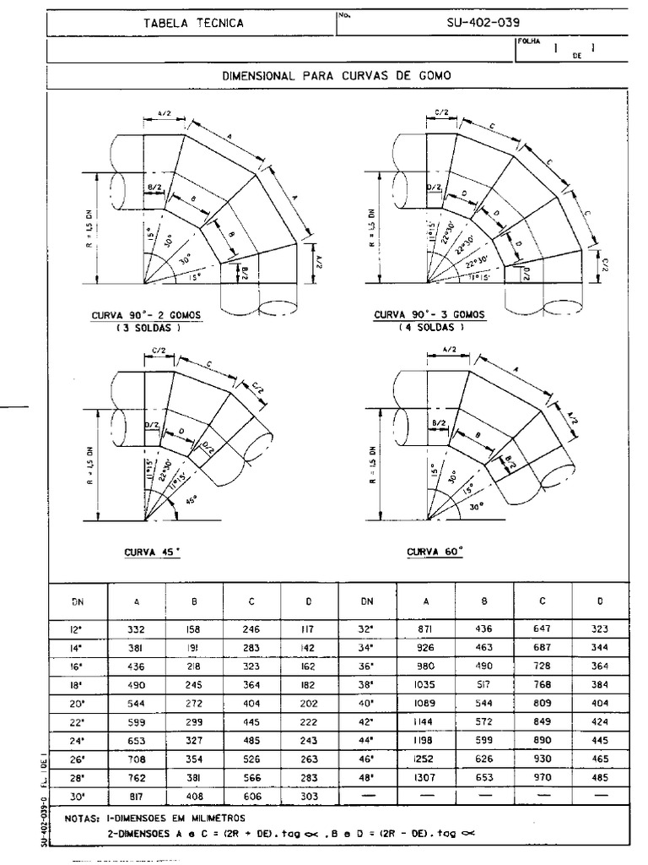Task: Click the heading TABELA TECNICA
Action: [x=194, y=23]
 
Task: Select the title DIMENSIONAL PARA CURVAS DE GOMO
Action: [x=337, y=75]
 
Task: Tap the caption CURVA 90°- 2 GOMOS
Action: [x=146, y=315]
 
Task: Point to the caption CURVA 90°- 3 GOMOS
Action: [x=429, y=315]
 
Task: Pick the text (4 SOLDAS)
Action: [x=429, y=327]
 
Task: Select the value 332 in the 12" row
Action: [x=137, y=629]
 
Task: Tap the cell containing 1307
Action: [x=426, y=775]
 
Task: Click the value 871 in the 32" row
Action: [x=426, y=629]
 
